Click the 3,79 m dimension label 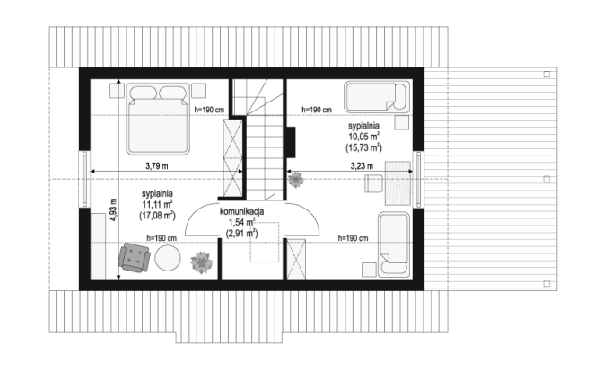pos(157,166)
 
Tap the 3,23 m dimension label pos(362,166)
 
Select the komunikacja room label pos(241,212)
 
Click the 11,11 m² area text pos(158,205)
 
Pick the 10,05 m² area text pos(364,137)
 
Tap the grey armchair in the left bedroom pos(134,257)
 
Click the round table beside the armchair pos(168,258)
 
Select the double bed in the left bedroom pos(158,119)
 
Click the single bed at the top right pos(377,97)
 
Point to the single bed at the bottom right pos(394,244)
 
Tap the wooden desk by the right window pos(397,182)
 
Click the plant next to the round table pos(201,262)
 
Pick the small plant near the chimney pos(295,180)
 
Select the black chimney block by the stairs pos(291,142)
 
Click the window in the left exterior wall pos(84,180)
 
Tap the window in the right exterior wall pos(418,180)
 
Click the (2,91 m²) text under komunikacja pos(241,233)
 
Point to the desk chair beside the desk pos(374,183)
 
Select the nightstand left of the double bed pos(117,91)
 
